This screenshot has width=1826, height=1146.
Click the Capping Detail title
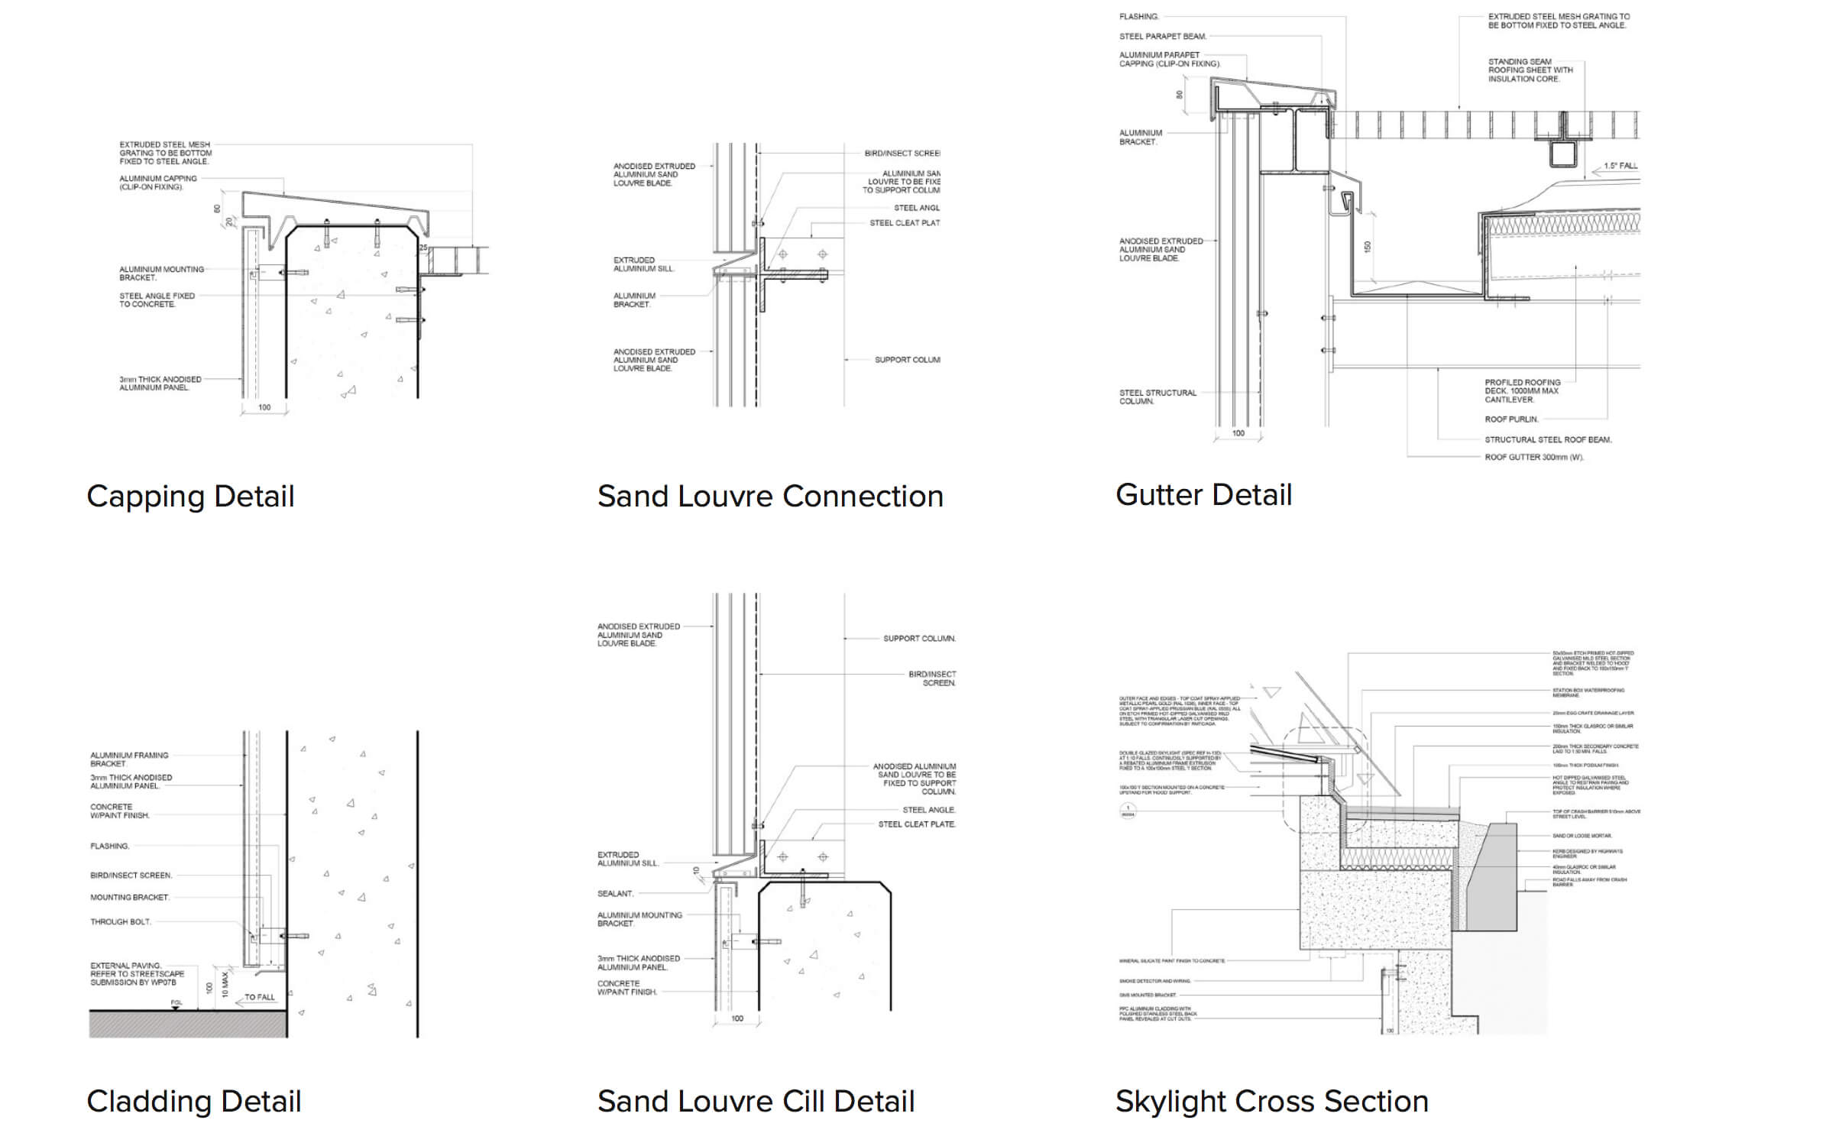click(190, 497)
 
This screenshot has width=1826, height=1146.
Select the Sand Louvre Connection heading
click(770, 497)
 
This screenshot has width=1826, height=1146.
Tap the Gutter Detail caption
click(1203, 495)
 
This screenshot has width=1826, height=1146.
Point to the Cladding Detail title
click(194, 1102)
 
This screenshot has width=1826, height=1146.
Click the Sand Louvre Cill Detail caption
click(756, 1102)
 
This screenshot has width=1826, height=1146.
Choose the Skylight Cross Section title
click(1271, 1102)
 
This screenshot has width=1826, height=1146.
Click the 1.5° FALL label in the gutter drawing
click(1620, 166)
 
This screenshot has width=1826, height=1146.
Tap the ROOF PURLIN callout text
click(1511, 419)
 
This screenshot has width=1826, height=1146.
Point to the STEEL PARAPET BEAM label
click(1163, 36)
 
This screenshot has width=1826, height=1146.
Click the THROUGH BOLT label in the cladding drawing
click(121, 922)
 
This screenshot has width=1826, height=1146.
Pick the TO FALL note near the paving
click(260, 997)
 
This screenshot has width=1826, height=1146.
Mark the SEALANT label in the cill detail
click(615, 893)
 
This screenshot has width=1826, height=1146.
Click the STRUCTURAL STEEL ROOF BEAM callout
click(1548, 439)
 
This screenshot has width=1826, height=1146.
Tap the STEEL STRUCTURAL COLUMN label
click(1157, 397)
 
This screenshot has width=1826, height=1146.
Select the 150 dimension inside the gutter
click(1368, 247)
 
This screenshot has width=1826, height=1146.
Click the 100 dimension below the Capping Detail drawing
click(264, 407)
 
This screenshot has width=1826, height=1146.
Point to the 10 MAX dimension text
click(225, 984)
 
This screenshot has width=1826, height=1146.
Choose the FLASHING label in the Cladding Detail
click(110, 847)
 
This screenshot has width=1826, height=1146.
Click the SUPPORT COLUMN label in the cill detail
click(919, 639)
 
